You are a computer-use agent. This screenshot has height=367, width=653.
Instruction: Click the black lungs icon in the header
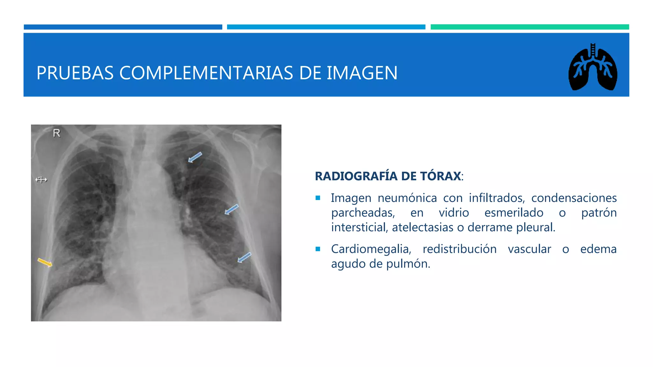pyautogui.click(x=592, y=68)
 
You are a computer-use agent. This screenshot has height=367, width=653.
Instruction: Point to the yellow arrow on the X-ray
pyautogui.click(x=45, y=263)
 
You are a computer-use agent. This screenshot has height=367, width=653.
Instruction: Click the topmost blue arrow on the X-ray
pyautogui.click(x=195, y=157)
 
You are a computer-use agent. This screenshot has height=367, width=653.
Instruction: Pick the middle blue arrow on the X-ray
pyautogui.click(x=231, y=209)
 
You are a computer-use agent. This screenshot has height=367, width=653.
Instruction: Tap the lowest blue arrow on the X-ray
pyautogui.click(x=244, y=257)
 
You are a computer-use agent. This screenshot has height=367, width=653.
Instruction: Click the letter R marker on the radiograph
pyautogui.click(x=56, y=133)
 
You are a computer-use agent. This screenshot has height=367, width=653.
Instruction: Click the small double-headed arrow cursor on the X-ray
pyautogui.click(x=41, y=180)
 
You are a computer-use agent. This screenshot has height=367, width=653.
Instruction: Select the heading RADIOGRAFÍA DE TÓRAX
pyautogui.click(x=388, y=176)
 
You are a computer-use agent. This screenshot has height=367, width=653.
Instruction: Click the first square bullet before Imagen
pyautogui.click(x=318, y=198)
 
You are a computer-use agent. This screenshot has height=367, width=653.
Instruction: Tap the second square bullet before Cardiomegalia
pyautogui.click(x=318, y=249)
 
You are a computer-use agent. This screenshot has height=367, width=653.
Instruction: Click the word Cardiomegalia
pyautogui.click(x=371, y=249)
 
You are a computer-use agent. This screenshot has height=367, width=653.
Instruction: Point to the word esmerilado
pyautogui.click(x=514, y=213)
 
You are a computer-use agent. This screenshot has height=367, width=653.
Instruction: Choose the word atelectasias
pyautogui.click(x=423, y=227)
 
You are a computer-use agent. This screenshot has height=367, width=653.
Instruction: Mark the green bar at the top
pyautogui.click(x=530, y=27)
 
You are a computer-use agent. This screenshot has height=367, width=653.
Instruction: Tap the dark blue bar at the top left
pyautogui.click(x=123, y=27)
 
